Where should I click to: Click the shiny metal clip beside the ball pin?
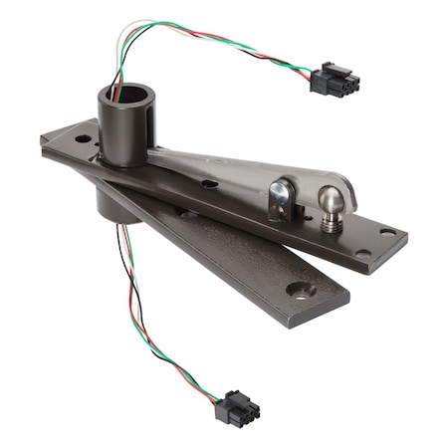[x=283, y=198]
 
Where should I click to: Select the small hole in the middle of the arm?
[x=208, y=183]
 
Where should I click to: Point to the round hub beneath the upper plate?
[x=116, y=204]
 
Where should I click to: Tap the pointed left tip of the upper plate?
[x=45, y=140]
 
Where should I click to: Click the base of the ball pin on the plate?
[x=333, y=225]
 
